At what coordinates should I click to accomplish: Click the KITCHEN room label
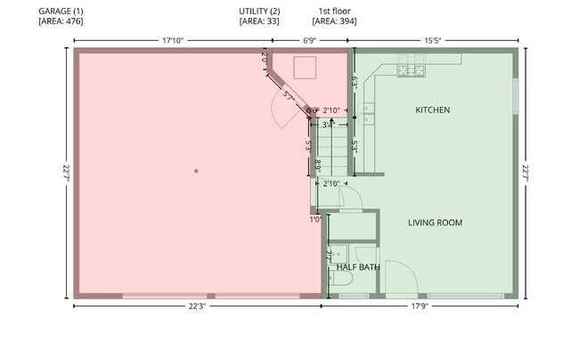coord(432,110)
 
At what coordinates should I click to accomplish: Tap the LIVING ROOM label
coord(435,223)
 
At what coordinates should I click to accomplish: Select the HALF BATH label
coord(358,266)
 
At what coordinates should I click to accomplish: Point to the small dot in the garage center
coord(196,169)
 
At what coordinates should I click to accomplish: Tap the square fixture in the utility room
coord(306,68)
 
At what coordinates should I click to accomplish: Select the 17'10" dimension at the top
coord(174,40)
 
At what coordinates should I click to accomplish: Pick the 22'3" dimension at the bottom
coord(198,307)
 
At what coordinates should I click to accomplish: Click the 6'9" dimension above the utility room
coord(310,40)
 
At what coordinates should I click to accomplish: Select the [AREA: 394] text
coord(334,20)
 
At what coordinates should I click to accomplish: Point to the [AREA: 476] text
coord(61,20)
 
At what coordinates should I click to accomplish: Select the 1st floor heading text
coord(334,10)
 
